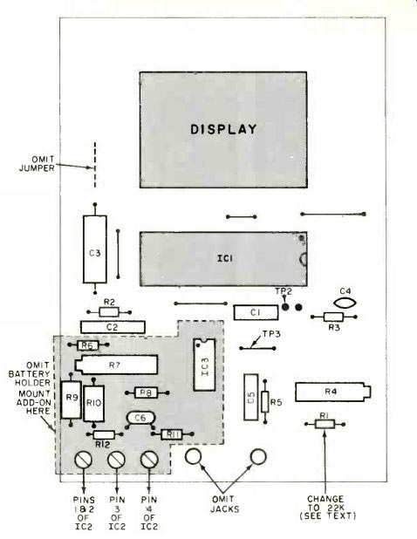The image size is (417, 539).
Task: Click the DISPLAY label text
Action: [223, 129]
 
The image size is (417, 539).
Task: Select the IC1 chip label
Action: [225, 258]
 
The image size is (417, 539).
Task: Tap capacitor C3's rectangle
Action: [95, 249]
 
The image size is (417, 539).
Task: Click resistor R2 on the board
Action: [109, 312]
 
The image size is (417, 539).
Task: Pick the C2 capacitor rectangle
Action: [113, 327]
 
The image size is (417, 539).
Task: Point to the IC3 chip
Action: [204, 365]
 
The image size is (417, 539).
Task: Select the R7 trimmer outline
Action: [116, 365]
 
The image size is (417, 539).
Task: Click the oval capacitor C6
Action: [140, 418]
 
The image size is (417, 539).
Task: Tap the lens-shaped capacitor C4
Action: [345, 304]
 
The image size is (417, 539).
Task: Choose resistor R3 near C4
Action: [333, 317]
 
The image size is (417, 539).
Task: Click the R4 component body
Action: [332, 392]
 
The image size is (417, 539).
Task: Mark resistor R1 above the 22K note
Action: [325, 424]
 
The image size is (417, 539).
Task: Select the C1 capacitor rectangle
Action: [256, 312]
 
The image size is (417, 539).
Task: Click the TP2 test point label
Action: [284, 291]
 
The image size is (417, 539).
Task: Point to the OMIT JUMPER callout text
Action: [37, 164]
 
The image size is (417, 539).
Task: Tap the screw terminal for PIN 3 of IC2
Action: [116, 460]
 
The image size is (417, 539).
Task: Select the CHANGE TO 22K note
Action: [327, 508]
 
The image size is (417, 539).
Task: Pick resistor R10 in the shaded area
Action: [94, 404]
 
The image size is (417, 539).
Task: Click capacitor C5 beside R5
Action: [251, 397]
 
